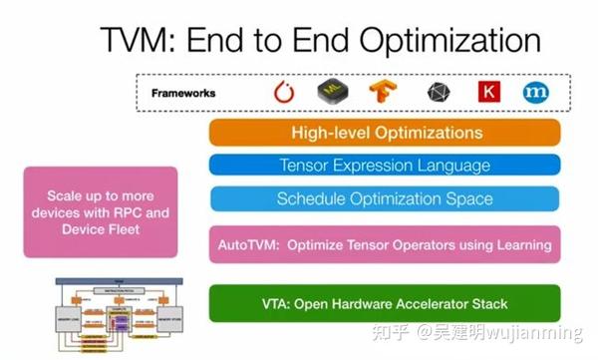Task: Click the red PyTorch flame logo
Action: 285,93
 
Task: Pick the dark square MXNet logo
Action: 332,93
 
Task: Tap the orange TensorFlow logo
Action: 384,93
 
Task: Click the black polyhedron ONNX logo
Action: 439,93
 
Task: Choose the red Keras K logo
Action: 488,93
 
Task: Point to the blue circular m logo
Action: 536,93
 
